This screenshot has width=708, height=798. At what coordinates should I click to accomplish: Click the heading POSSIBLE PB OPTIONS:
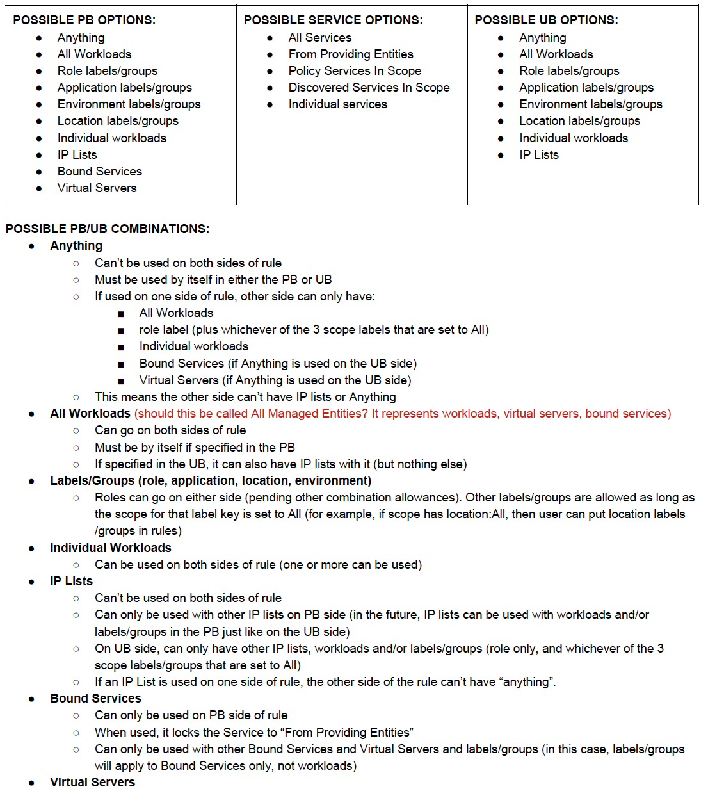pos(84,20)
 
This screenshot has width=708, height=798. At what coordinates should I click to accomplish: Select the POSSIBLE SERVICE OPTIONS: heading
pos(333,20)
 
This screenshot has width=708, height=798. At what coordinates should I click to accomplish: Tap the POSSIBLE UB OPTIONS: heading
pos(546,20)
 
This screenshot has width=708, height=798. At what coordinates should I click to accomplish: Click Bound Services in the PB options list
pos(99,171)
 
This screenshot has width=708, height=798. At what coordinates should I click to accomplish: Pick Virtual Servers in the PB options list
pos(97,188)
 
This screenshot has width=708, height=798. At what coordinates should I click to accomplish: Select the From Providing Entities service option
pos(350,54)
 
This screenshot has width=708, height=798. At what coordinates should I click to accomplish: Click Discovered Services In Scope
pos(369,87)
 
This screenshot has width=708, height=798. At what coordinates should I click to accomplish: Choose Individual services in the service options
pos(337,104)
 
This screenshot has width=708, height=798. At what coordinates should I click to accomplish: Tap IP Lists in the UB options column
pos(538,154)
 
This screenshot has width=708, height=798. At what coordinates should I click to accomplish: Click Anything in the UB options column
pos(542,37)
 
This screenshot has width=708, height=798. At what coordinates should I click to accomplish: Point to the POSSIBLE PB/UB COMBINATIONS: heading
pos(108,229)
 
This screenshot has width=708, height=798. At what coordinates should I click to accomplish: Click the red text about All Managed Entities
pos(403,413)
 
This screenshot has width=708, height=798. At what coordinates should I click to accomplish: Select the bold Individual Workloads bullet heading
pos(111,548)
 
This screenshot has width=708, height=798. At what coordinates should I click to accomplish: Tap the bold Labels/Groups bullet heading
pos(211,480)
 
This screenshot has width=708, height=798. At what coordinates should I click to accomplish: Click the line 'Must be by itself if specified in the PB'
pos(195,447)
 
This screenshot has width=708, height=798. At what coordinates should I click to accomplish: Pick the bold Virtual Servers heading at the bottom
pos(92,782)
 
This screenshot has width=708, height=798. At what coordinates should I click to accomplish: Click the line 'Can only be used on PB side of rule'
pos(191,715)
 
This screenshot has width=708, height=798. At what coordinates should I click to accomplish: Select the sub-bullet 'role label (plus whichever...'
pos(314,329)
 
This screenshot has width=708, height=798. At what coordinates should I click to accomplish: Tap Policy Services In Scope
pos(355,70)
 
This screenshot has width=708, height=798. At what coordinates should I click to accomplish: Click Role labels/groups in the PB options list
pos(107,70)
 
